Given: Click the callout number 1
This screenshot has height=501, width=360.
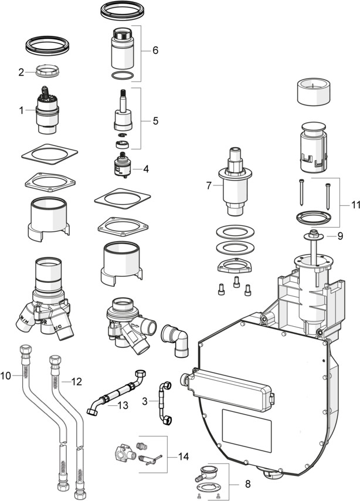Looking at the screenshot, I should coord(22,110).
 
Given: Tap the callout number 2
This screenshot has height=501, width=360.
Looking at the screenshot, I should coord(21,73).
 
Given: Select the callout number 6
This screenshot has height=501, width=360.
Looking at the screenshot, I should coord(155,50).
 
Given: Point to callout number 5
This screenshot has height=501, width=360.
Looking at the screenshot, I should coord(155,121).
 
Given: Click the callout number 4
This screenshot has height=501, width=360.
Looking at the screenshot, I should coord(145,169).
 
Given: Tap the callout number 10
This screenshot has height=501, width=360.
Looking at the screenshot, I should coord(7,374).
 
